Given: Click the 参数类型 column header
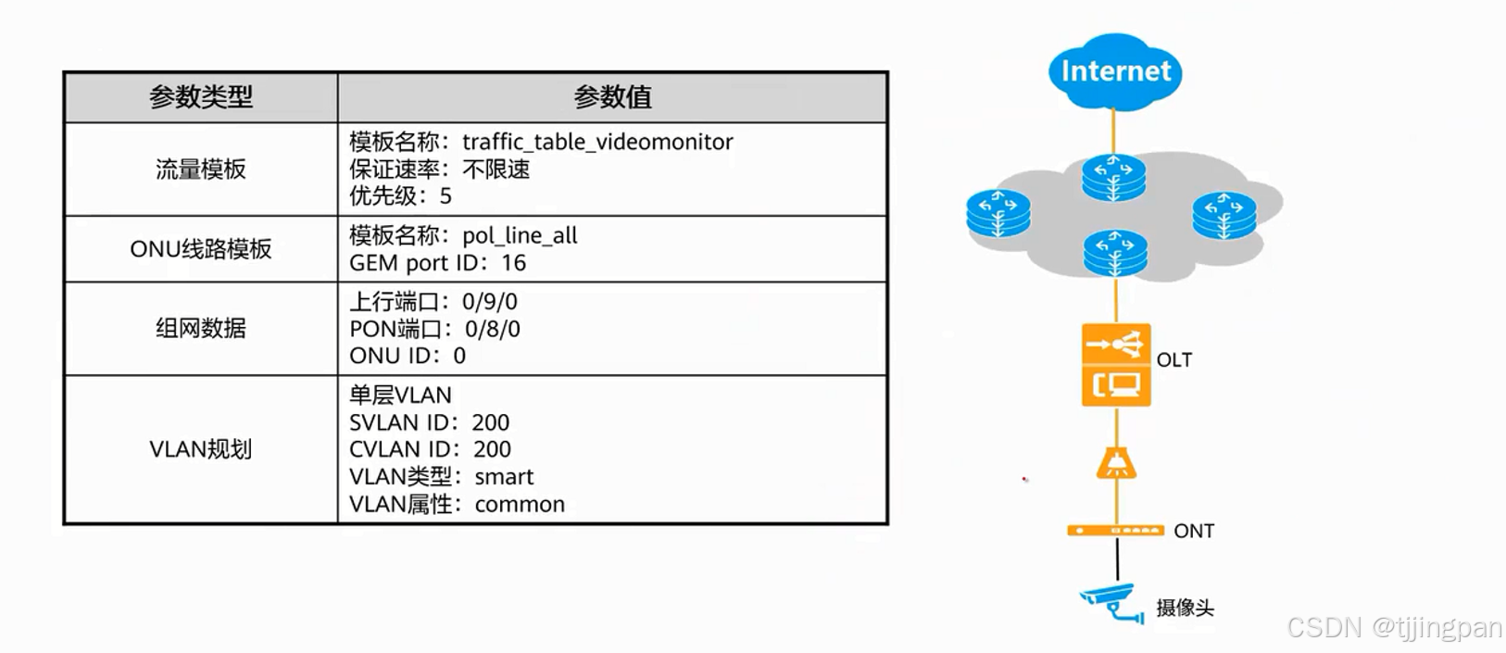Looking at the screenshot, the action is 200,96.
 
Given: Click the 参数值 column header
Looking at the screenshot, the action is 612,96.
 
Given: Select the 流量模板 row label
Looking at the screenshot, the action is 200,170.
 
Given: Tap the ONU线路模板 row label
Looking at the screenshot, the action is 200,249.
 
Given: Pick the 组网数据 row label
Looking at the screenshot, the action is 200,328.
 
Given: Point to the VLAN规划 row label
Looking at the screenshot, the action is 200,449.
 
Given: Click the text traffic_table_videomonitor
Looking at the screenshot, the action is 597,142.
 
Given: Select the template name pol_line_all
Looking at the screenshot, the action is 520,235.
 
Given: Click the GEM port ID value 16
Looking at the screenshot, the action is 513,263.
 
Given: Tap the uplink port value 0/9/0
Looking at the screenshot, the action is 489,302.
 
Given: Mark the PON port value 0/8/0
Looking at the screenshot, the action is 492,329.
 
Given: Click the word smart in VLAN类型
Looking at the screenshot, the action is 504,477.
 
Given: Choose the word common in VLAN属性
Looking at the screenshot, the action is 520,505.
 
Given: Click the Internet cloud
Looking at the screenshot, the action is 1115,71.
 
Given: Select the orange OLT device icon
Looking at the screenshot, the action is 1116,365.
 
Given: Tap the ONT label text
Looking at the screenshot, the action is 1193,531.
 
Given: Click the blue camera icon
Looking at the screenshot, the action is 1111,602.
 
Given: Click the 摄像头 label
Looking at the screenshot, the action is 1184,608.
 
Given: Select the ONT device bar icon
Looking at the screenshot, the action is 1115,531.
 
